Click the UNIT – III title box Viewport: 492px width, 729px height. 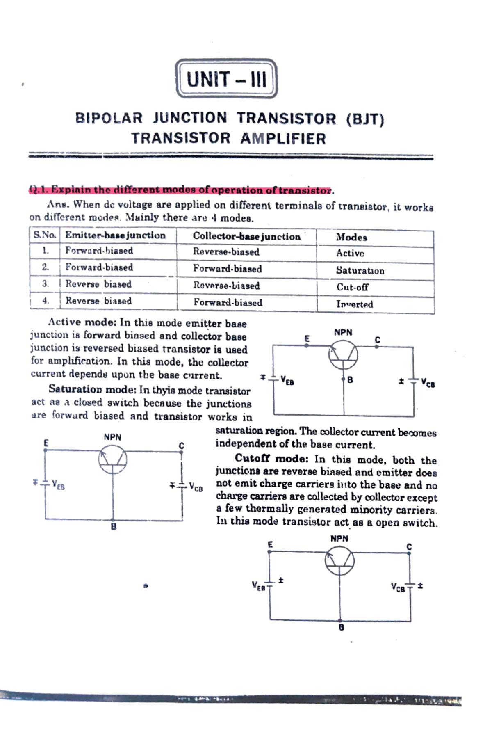point(226,79)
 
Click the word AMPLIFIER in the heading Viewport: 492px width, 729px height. point(283,139)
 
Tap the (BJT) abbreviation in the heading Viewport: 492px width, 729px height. point(365,119)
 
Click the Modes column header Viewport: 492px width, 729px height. point(351,237)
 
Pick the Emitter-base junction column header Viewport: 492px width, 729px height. point(115,235)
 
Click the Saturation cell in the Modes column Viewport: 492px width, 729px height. point(360,270)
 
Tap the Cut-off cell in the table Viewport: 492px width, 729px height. point(352,287)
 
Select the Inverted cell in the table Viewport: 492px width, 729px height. point(355,304)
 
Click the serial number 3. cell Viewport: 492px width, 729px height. point(45,283)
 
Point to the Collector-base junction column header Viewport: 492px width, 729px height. point(246,236)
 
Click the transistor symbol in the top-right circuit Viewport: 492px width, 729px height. point(343,355)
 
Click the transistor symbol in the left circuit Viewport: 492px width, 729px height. point(112,460)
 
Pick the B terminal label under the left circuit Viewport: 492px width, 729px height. point(114,526)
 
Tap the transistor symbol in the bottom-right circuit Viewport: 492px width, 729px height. point(339,562)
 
